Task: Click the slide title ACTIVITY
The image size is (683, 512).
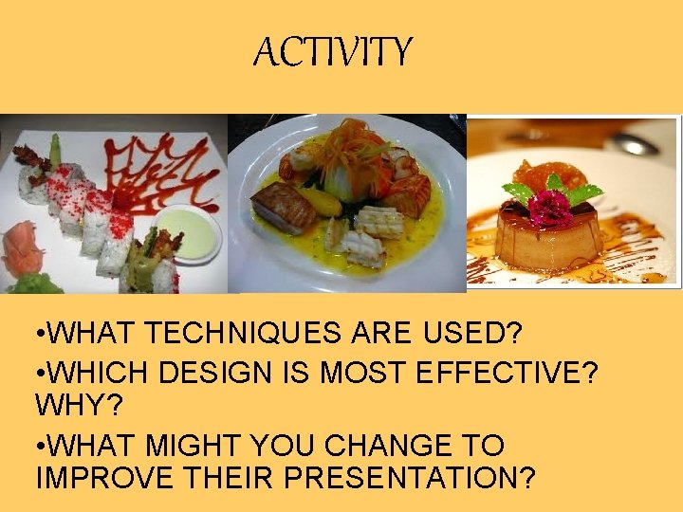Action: (333, 52)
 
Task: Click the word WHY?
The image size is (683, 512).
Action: (71, 406)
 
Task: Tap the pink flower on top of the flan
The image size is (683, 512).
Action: (551, 208)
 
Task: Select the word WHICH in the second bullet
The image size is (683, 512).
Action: (100, 372)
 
